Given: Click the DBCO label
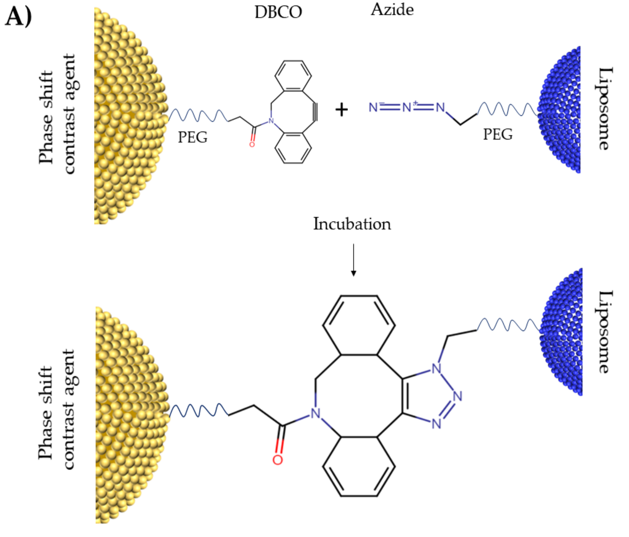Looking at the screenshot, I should pyautogui.click(x=278, y=12).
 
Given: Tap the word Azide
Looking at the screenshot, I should pyautogui.click(x=392, y=10).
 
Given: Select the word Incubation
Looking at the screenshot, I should pyautogui.click(x=352, y=224).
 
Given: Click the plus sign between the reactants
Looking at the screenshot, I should pyautogui.click(x=341, y=110).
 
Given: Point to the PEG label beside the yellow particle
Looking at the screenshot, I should pyautogui.click(x=192, y=137).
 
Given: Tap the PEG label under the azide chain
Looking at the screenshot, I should pyautogui.click(x=498, y=134).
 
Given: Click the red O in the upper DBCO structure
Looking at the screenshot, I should pyautogui.click(x=252, y=144).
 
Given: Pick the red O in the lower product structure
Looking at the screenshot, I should pyautogui.click(x=278, y=460).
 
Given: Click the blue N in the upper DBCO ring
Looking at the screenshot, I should pyautogui.click(x=271, y=121).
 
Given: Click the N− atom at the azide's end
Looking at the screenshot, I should pyautogui.click(x=373, y=107).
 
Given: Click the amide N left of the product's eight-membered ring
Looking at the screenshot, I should pyautogui.click(x=315, y=414).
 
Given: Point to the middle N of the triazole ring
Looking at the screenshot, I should pyautogui.click(x=457, y=396).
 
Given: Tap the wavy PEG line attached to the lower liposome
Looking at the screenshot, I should pyautogui.click(x=508, y=324).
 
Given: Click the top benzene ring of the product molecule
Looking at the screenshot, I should pyautogui.click(x=359, y=325).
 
